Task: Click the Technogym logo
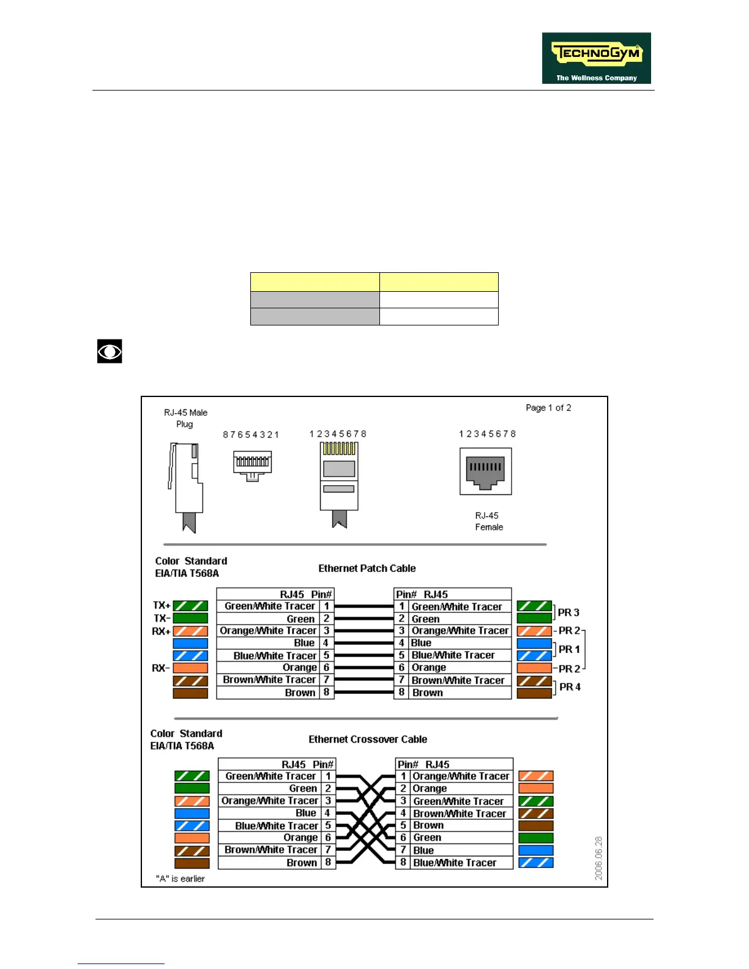596,58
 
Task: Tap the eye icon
110,351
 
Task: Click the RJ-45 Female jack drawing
485,471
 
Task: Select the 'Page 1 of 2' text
548,407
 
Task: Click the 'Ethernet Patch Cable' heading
367,568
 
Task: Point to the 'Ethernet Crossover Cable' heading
368,739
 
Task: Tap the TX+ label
162,606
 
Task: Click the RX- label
161,667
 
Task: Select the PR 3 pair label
568,612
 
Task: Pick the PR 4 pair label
570,687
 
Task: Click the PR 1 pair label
569,649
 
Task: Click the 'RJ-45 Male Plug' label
185,418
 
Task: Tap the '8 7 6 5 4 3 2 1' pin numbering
251,434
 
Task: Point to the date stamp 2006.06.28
598,858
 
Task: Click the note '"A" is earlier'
181,878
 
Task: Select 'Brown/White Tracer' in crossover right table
460,813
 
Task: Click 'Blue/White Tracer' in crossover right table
455,863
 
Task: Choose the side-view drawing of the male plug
185,486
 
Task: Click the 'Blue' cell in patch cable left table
304,643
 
